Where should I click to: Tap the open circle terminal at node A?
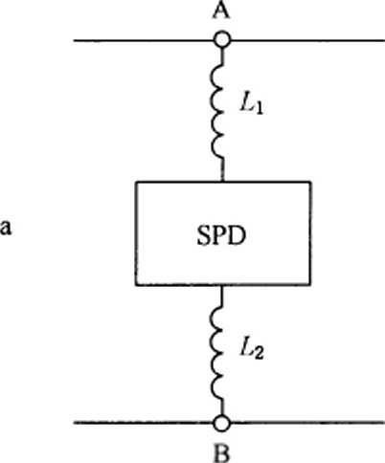222,40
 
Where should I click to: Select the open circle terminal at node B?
222,424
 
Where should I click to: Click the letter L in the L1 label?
246,102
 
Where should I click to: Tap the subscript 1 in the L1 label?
259,108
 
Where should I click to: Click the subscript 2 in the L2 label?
259,353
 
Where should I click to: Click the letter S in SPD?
203,235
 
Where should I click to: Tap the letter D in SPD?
237,235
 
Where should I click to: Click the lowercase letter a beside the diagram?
6,228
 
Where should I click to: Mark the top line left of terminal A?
144,40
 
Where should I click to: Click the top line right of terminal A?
307,40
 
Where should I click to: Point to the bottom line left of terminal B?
144,423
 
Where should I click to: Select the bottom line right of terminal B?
307,423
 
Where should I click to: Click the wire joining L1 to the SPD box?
223,170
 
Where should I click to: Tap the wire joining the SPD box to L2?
222,295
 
